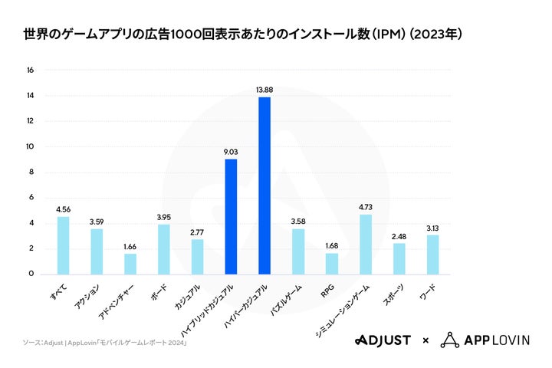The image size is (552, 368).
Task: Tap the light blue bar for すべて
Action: (63, 245)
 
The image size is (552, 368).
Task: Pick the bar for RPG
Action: (331, 263)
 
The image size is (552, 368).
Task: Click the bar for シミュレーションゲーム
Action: (366, 244)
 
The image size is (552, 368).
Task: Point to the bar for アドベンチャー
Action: (130, 263)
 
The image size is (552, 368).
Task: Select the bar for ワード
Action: (432, 254)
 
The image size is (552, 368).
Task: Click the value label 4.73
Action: (366, 205)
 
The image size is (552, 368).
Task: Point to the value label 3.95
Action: (163, 215)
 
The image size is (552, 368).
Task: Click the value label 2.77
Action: (197, 231)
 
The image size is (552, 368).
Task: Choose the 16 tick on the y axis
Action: (31, 71)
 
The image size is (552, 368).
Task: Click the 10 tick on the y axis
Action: (31, 146)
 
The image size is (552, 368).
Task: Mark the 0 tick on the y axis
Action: (31, 274)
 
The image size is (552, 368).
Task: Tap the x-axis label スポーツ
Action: (393, 294)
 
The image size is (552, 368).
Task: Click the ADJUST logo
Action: (383, 340)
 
